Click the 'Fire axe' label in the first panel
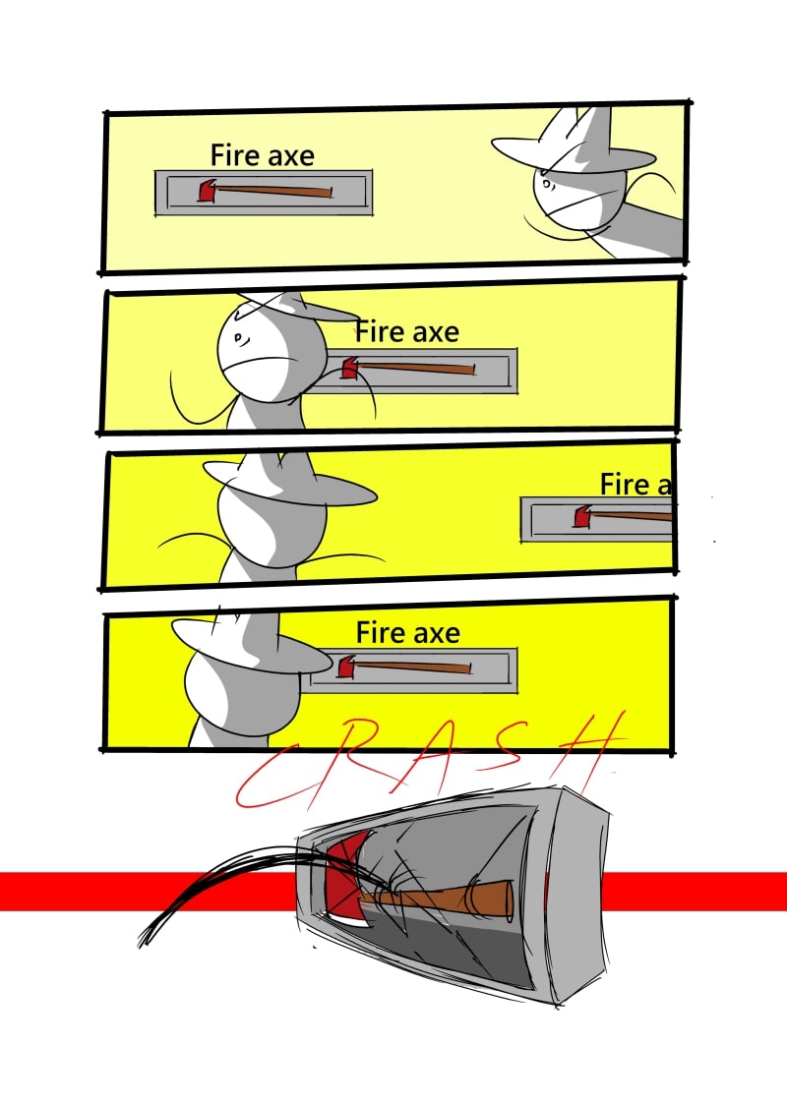point(262,155)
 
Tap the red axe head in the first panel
point(207,191)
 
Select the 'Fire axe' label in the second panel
point(407,332)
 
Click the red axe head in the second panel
point(349,369)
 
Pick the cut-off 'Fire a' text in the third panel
point(635,485)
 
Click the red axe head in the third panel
point(582,517)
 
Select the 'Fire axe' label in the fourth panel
point(407,633)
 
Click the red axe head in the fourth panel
point(345,667)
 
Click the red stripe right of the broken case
point(694,892)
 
